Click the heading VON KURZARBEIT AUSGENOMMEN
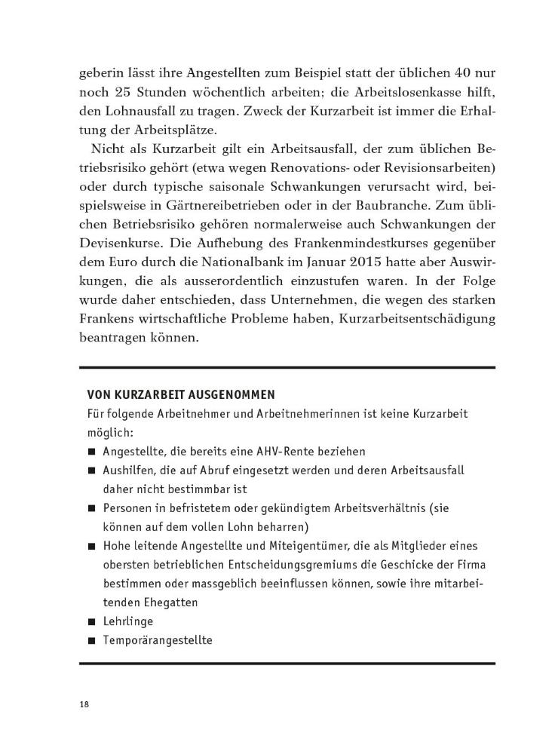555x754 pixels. [x=180, y=394]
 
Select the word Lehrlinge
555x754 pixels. [x=129, y=621]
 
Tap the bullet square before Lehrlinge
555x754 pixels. [x=91, y=622]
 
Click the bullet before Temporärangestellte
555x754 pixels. [x=91, y=642]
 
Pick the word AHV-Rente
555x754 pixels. [x=291, y=451]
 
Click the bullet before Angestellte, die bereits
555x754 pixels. [x=91, y=452]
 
